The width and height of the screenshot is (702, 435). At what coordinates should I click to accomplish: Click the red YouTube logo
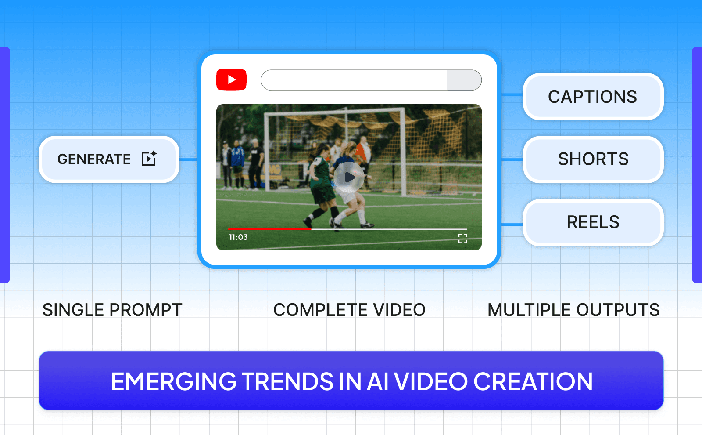point(231,80)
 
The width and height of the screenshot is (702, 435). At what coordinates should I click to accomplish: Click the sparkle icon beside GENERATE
point(149,158)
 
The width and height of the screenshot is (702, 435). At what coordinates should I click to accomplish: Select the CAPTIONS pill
point(593,97)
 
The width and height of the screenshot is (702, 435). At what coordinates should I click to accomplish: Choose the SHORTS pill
point(593,159)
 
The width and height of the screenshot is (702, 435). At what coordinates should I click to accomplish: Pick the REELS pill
point(593,222)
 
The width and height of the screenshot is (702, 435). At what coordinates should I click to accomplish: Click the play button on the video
point(349,177)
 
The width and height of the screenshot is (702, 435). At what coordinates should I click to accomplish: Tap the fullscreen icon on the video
point(462,239)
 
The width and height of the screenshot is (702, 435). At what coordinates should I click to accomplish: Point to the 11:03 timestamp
point(238,237)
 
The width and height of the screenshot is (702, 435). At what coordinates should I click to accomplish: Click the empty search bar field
point(354,80)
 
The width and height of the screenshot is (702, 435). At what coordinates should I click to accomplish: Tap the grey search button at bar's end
point(464,80)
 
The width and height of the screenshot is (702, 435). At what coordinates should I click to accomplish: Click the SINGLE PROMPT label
point(112,310)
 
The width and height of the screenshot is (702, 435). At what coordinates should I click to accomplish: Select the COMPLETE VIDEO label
point(349,310)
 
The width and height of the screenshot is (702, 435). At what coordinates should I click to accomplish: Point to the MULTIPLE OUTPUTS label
point(573,310)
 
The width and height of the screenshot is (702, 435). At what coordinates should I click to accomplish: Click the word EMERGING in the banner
point(174,381)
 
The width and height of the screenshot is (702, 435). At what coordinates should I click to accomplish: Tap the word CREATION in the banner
point(533,381)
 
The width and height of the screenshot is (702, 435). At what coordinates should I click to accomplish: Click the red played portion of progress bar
point(269,229)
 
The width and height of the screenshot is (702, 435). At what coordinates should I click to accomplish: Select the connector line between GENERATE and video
point(188,159)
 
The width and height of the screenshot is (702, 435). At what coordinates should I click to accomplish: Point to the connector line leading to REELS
point(512,225)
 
